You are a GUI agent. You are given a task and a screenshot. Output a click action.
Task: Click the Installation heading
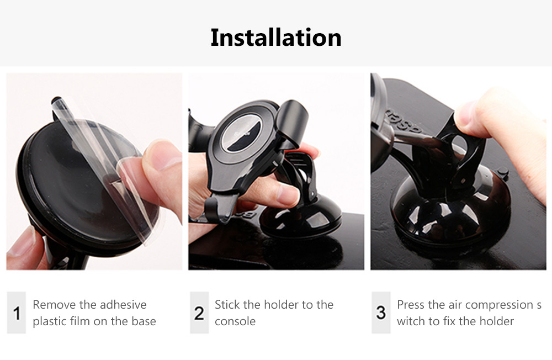(x=276, y=38)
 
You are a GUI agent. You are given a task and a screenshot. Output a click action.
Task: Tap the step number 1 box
(x=17, y=313)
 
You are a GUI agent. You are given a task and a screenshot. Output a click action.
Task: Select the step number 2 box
(x=199, y=313)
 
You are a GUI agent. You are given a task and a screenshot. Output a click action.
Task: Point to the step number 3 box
(x=381, y=313)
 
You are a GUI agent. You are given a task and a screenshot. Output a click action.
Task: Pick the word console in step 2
(x=235, y=321)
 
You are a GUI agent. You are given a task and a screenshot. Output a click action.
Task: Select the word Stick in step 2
(x=227, y=304)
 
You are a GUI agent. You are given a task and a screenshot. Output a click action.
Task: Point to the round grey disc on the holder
(x=241, y=133)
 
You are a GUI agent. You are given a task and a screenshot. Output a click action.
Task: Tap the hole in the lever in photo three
(x=459, y=145)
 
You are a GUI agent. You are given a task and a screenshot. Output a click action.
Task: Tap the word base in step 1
(x=144, y=321)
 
